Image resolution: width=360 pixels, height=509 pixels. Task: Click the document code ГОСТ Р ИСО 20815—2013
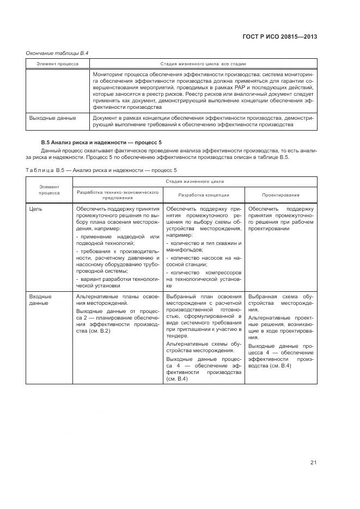tap(279, 37)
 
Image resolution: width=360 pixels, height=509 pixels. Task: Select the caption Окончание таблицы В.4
tap(57, 53)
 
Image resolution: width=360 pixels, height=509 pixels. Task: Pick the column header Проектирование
tap(281, 194)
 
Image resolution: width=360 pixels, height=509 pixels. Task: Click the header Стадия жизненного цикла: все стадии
tap(202, 64)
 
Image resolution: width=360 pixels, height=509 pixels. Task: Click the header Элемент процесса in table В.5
tap(49, 189)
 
